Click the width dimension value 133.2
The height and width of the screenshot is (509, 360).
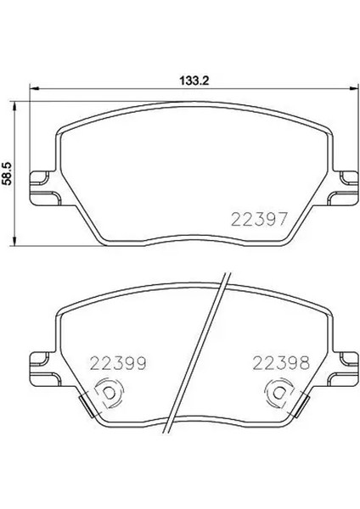coord(194,81)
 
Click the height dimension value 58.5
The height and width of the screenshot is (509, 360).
coord(7,174)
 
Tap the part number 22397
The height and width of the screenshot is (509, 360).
coord(259,219)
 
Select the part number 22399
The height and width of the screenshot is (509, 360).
coord(118,364)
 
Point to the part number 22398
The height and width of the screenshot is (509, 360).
coord(281,364)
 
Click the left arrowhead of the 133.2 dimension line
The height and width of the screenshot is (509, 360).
coord(34,88)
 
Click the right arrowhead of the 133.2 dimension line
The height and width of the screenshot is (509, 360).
coord(354,88)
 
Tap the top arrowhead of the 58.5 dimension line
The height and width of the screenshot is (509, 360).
coord(14,106)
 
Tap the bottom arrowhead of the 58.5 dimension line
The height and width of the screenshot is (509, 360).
coord(14,241)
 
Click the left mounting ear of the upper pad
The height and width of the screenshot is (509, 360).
coord(45,188)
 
